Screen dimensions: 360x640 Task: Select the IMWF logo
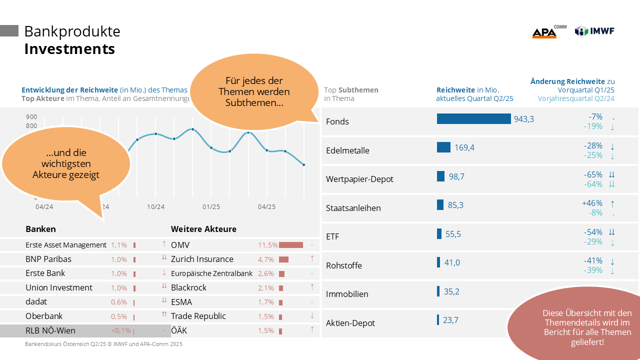(x=594, y=31)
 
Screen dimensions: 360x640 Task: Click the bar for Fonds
(x=473, y=118)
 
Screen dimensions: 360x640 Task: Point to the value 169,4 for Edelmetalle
(x=464, y=147)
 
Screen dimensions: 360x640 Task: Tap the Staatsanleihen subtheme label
(x=353, y=207)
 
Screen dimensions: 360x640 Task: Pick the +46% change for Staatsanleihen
(x=592, y=203)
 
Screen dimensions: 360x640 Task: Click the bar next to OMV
(x=291, y=245)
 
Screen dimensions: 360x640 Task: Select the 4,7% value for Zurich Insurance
(x=266, y=259)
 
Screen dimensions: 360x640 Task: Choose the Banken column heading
(x=40, y=229)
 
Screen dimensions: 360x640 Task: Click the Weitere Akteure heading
(x=203, y=229)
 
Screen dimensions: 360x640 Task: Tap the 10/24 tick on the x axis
(x=155, y=207)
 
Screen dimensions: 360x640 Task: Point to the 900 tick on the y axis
(x=31, y=117)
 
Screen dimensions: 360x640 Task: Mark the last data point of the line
(x=303, y=164)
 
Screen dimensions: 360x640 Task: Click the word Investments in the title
(x=69, y=49)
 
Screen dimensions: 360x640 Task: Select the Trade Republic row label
(x=198, y=316)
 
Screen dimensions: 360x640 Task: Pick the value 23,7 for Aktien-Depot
(x=450, y=320)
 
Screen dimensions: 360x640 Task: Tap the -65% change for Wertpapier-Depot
(x=592, y=174)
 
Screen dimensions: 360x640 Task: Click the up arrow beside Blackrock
(x=312, y=287)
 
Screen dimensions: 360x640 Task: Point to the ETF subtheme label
(x=332, y=236)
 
